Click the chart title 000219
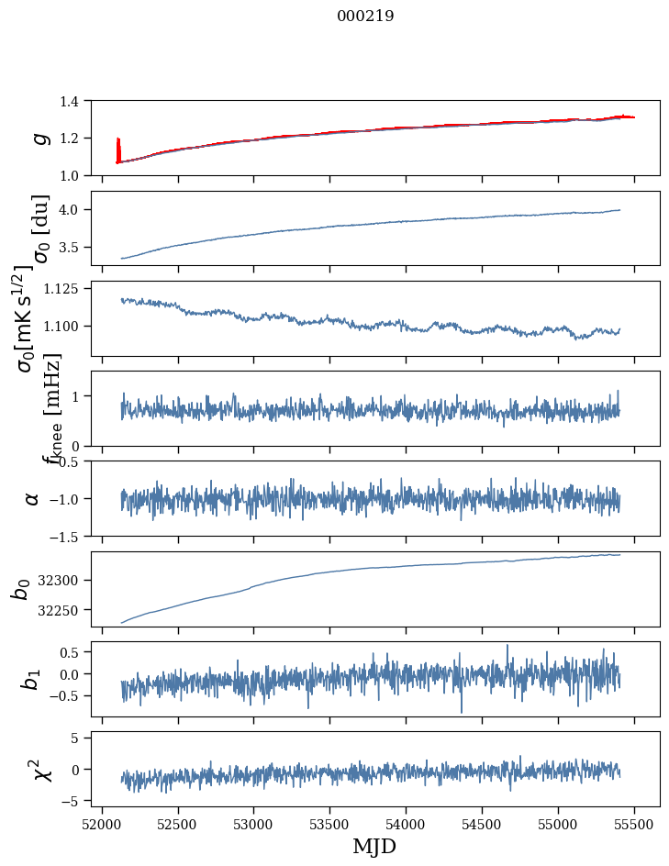coord(365,16)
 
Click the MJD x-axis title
coord(374,846)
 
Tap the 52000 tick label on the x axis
coord(102,823)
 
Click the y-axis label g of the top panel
coord(39,138)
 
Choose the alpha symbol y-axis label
coord(32,498)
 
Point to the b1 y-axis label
coord(32,679)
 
